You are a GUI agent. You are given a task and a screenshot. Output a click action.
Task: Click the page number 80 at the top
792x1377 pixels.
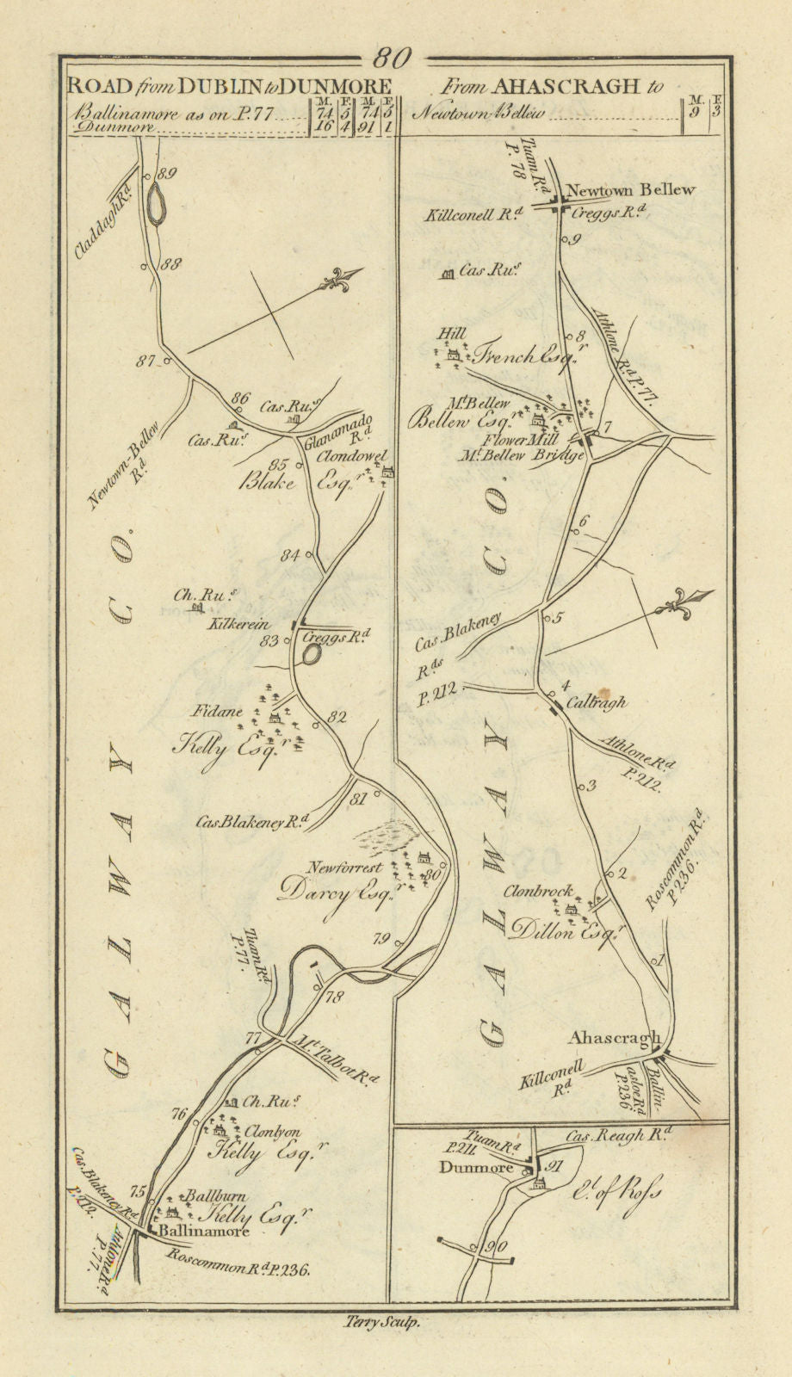393,58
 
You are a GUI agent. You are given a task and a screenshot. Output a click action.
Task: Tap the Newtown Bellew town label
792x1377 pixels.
630,189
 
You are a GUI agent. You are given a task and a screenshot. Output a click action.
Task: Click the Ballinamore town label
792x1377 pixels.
204,1231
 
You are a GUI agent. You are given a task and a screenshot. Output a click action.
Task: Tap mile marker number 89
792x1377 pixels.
166,174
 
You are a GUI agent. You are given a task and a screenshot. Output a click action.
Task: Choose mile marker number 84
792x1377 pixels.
289,554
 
